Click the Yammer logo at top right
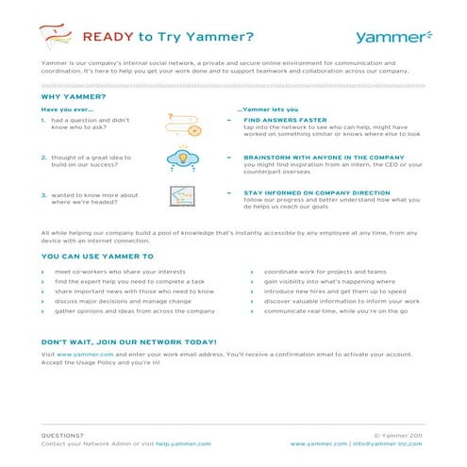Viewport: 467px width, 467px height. (393, 37)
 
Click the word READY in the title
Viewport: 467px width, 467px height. (108, 38)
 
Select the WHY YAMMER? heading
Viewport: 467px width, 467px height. (74, 96)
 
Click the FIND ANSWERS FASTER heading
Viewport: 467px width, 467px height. (285, 121)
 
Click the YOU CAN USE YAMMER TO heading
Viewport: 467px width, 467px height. (97, 256)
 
